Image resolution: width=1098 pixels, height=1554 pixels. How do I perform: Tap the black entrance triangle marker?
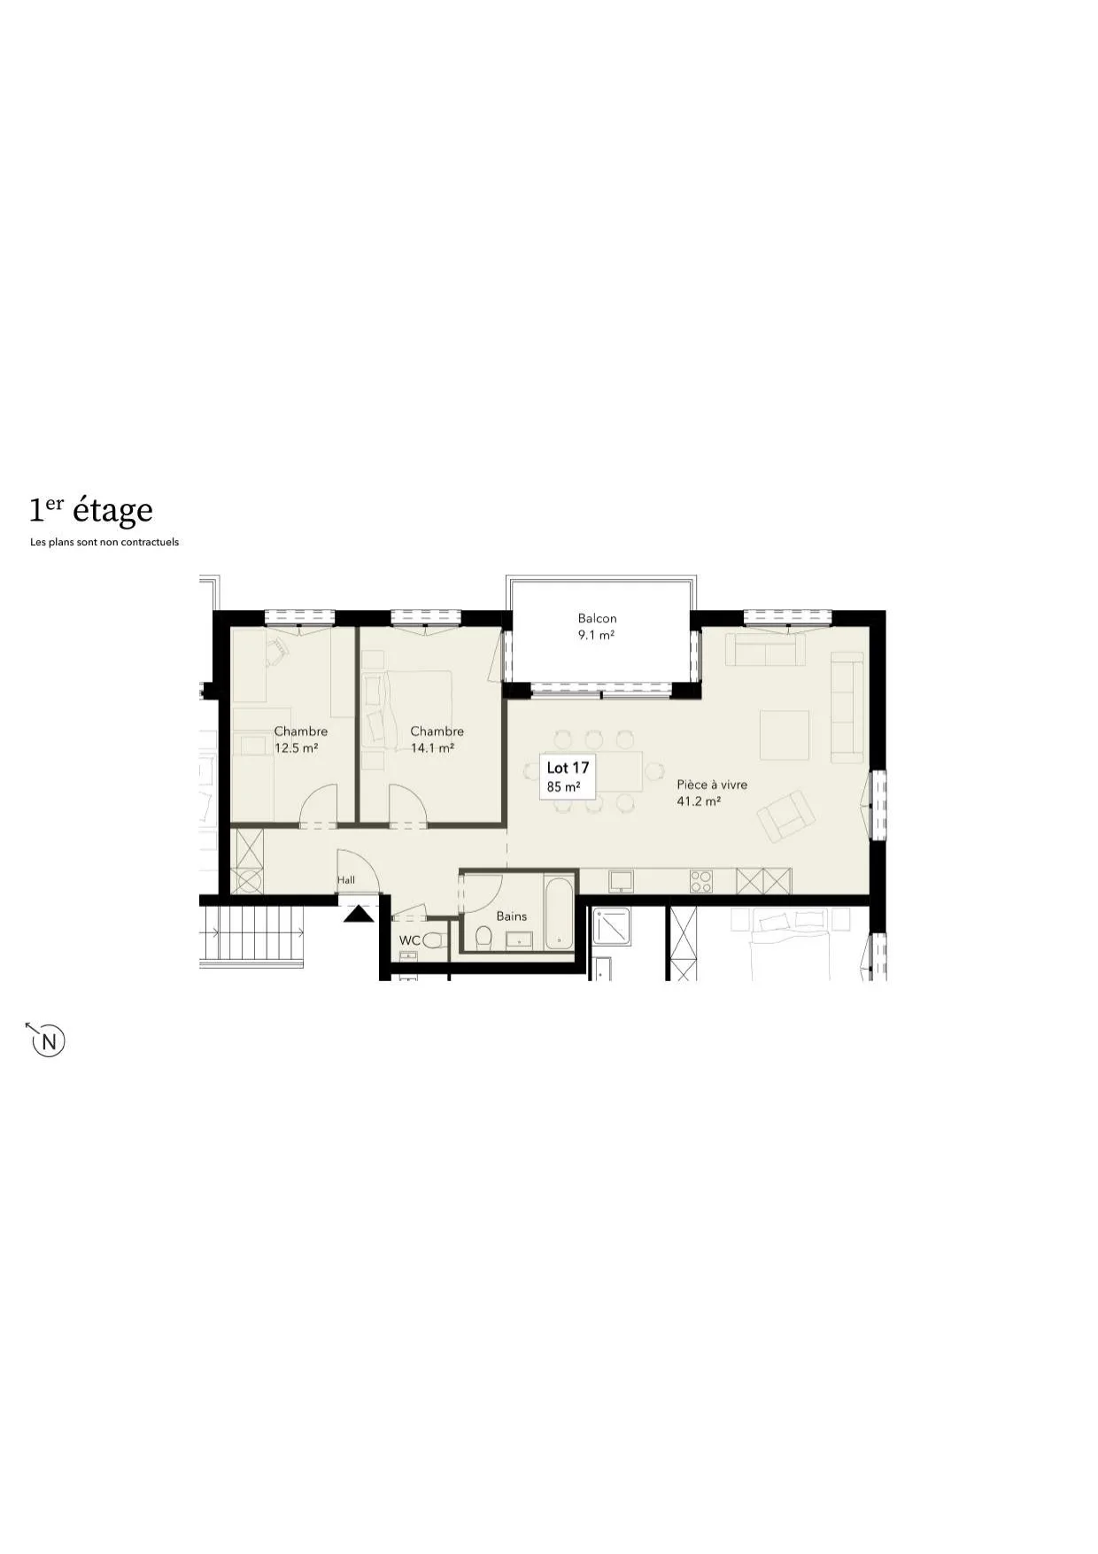click(359, 913)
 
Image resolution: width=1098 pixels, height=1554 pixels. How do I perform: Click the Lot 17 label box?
click(568, 777)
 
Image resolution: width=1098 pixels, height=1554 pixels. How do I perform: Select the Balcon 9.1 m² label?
click(597, 627)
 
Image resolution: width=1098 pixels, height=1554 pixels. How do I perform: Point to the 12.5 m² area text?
click(297, 748)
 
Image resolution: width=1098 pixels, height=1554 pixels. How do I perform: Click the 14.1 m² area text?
click(433, 748)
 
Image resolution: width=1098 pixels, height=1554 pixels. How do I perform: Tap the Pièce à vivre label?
click(712, 785)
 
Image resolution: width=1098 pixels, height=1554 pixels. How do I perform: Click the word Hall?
click(346, 880)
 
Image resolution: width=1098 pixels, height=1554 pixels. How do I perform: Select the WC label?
click(409, 940)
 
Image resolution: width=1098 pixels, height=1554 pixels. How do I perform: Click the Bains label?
click(512, 916)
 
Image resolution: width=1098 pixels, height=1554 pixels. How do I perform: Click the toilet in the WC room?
click(433, 940)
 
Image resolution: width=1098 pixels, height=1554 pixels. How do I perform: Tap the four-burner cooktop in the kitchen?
click(701, 881)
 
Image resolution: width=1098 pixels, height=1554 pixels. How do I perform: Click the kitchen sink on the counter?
click(620, 881)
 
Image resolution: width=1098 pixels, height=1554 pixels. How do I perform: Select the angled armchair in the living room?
click(785, 816)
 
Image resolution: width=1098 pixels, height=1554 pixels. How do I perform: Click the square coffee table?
click(785, 735)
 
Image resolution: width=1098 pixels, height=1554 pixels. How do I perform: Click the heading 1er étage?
click(91, 510)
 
